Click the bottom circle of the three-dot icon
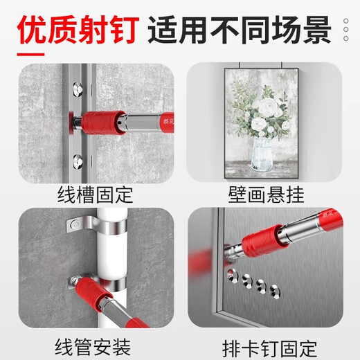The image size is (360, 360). coord(345,40)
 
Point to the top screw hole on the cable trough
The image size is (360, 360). coord(75,89)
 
